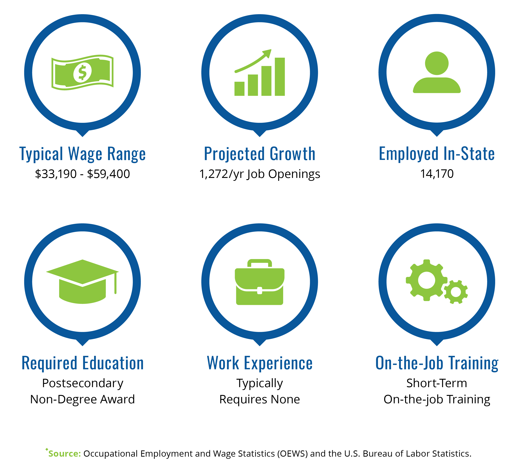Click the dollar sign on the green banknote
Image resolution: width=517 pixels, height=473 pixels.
[x=82, y=73]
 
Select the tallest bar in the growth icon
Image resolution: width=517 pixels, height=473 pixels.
[x=280, y=77]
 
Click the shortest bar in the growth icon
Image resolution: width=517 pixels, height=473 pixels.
[x=239, y=89]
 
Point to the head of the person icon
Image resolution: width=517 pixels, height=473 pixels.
[x=437, y=63]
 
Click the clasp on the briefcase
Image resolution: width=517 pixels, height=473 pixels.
[x=260, y=291]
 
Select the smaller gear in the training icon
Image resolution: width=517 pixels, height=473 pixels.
[x=456, y=292]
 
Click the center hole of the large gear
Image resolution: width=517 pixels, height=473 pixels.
[x=427, y=280]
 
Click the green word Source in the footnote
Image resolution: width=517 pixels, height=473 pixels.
[x=65, y=454]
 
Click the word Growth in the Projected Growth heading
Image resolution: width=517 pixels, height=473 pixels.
[x=293, y=154]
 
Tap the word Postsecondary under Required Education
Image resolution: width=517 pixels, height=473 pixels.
[x=83, y=383]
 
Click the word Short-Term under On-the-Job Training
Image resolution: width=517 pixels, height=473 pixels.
[x=437, y=383]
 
